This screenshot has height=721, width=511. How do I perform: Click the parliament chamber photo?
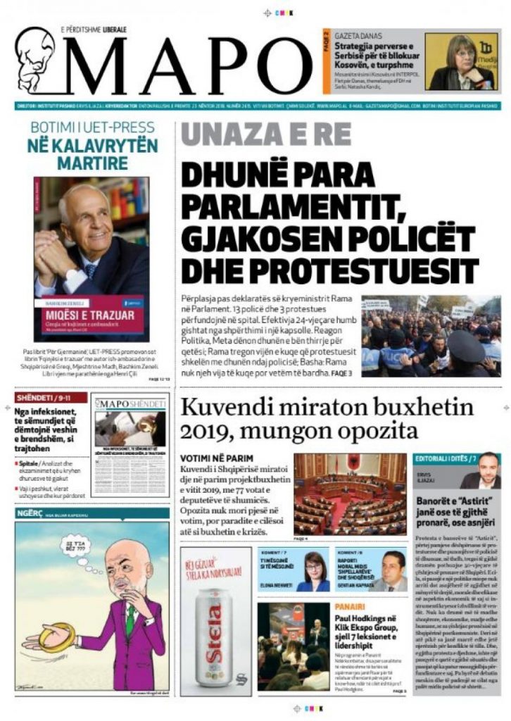[349, 495]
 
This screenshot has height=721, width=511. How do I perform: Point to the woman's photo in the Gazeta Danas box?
[460, 61]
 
